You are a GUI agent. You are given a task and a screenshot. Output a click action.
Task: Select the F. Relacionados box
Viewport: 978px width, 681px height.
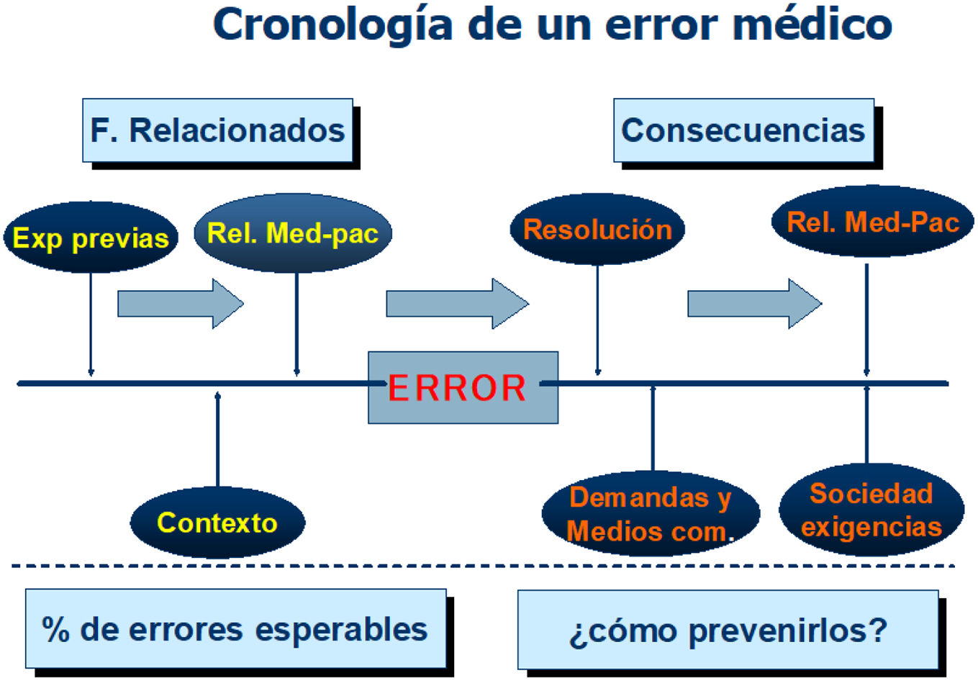point(217,130)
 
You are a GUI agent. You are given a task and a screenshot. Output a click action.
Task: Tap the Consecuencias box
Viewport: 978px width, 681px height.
point(743,130)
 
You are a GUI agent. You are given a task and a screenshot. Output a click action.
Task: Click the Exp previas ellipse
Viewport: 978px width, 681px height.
point(91,238)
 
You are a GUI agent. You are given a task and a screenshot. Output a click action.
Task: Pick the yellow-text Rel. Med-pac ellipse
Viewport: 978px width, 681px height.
point(293,233)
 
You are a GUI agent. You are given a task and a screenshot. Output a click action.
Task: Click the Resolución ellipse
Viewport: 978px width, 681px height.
point(597,230)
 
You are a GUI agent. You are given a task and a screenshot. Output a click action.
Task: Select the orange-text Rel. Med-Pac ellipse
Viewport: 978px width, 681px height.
point(872,222)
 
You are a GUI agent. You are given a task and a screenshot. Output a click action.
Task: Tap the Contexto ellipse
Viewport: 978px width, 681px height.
point(217,523)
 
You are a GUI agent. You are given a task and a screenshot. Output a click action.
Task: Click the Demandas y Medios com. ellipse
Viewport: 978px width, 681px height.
point(651,514)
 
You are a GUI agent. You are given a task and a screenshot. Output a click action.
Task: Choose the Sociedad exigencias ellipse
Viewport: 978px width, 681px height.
point(871,510)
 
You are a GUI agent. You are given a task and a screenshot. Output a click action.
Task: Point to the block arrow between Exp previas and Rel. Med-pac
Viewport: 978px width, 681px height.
point(180,304)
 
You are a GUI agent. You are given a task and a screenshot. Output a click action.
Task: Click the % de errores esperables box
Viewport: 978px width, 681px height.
point(235,629)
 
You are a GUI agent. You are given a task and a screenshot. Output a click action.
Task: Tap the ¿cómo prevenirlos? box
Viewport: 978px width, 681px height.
point(728,631)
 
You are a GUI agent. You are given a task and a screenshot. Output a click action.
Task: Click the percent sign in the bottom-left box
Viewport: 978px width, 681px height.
point(55,629)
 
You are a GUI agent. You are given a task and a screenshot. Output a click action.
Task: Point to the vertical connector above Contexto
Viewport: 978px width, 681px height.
point(218,439)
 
